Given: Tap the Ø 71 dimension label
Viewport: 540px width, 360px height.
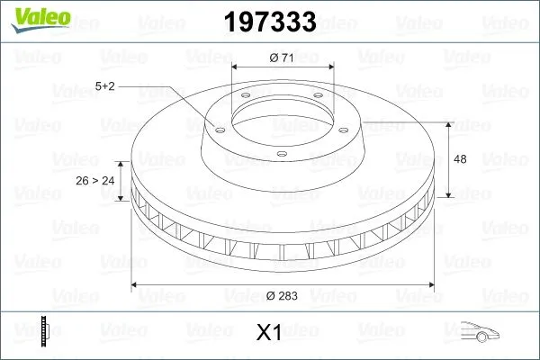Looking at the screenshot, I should [x=283, y=58].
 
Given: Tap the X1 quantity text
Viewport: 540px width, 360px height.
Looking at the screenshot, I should [x=269, y=333].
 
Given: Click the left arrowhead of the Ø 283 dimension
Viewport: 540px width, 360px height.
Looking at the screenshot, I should [x=135, y=285].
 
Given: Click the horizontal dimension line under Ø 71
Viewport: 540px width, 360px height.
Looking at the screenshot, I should [x=283, y=67].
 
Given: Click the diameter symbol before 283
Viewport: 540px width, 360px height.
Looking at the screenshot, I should [x=272, y=295].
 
